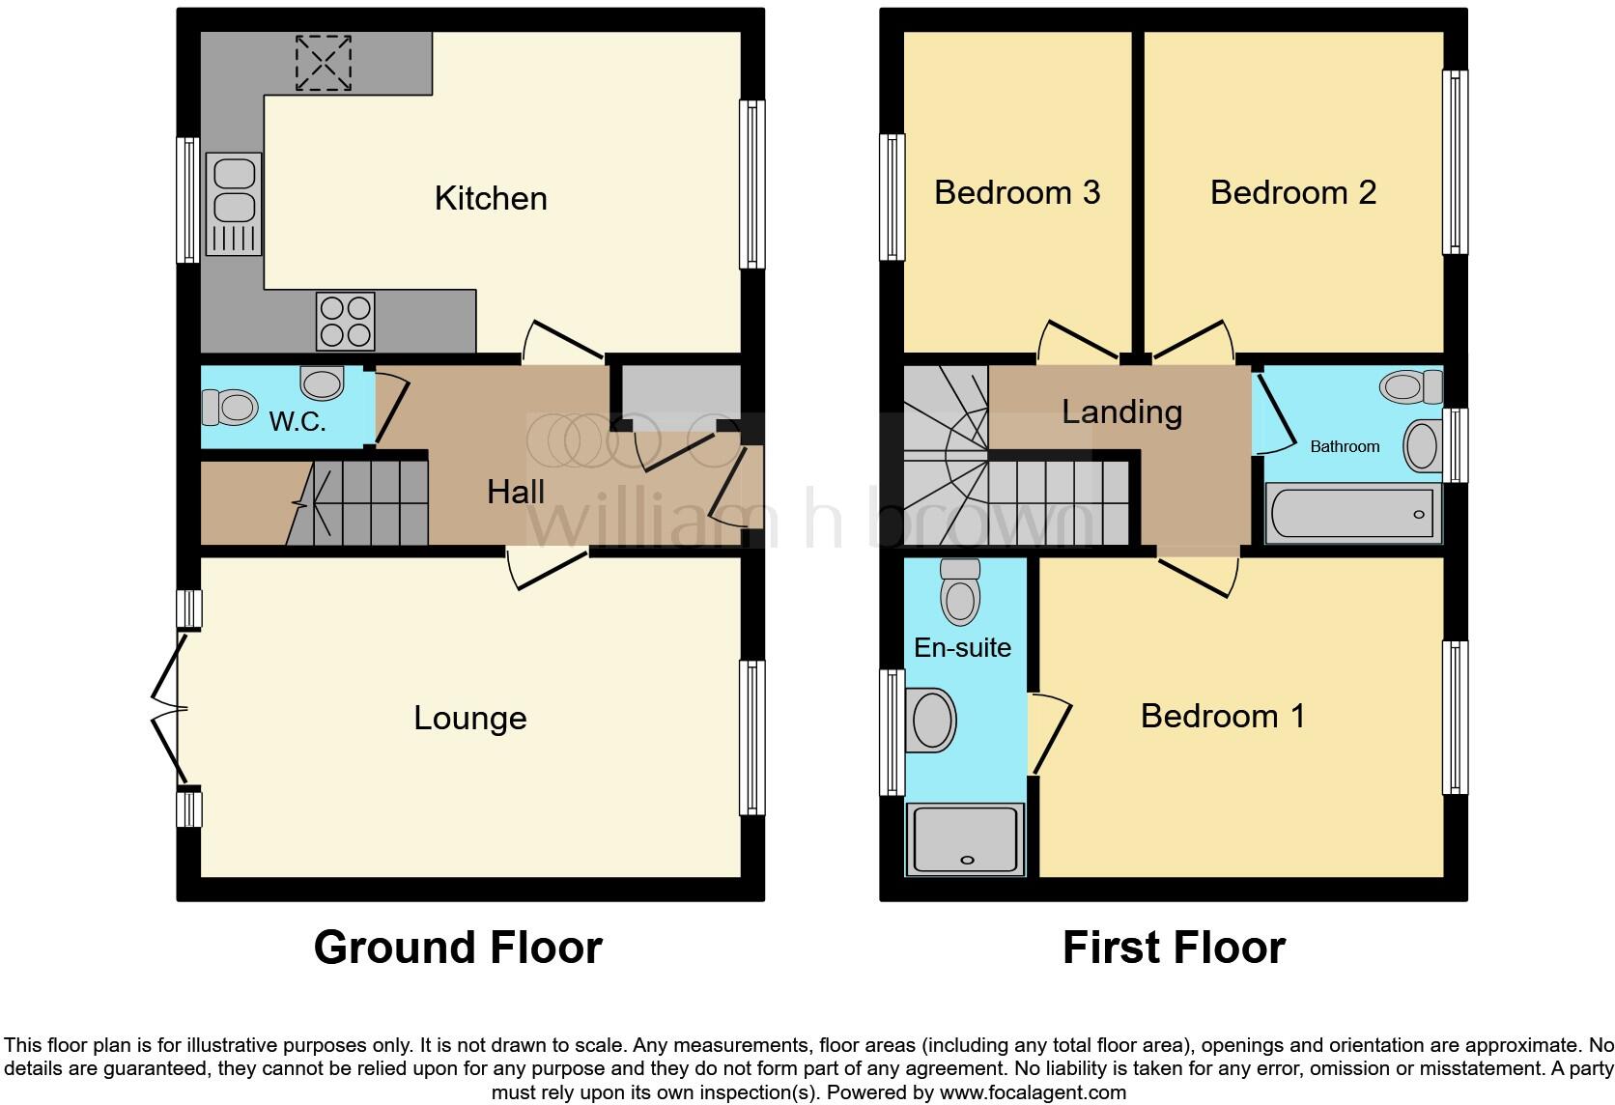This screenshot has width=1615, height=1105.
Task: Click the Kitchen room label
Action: click(491, 198)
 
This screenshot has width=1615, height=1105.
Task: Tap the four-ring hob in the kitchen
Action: click(345, 322)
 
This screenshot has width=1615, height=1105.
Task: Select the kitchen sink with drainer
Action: click(234, 205)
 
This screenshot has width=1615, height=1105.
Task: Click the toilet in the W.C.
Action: click(228, 407)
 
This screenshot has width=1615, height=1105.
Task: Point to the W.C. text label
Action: click(297, 422)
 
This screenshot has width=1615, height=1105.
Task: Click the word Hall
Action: click(516, 492)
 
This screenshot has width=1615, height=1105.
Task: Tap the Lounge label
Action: click(470, 718)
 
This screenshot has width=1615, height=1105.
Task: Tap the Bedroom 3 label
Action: click(1017, 192)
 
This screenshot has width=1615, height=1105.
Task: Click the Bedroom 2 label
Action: click(1292, 192)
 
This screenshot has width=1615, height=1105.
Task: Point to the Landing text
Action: click(1121, 412)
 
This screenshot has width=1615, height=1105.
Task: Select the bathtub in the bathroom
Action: click(1353, 513)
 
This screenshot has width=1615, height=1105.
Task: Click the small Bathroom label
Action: click(1345, 446)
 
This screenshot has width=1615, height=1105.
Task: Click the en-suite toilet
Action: click(960, 592)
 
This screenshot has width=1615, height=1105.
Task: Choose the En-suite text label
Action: click(962, 647)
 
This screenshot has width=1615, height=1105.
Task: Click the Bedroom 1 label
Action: click(1222, 716)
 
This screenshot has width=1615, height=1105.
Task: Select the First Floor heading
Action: click(1174, 948)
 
